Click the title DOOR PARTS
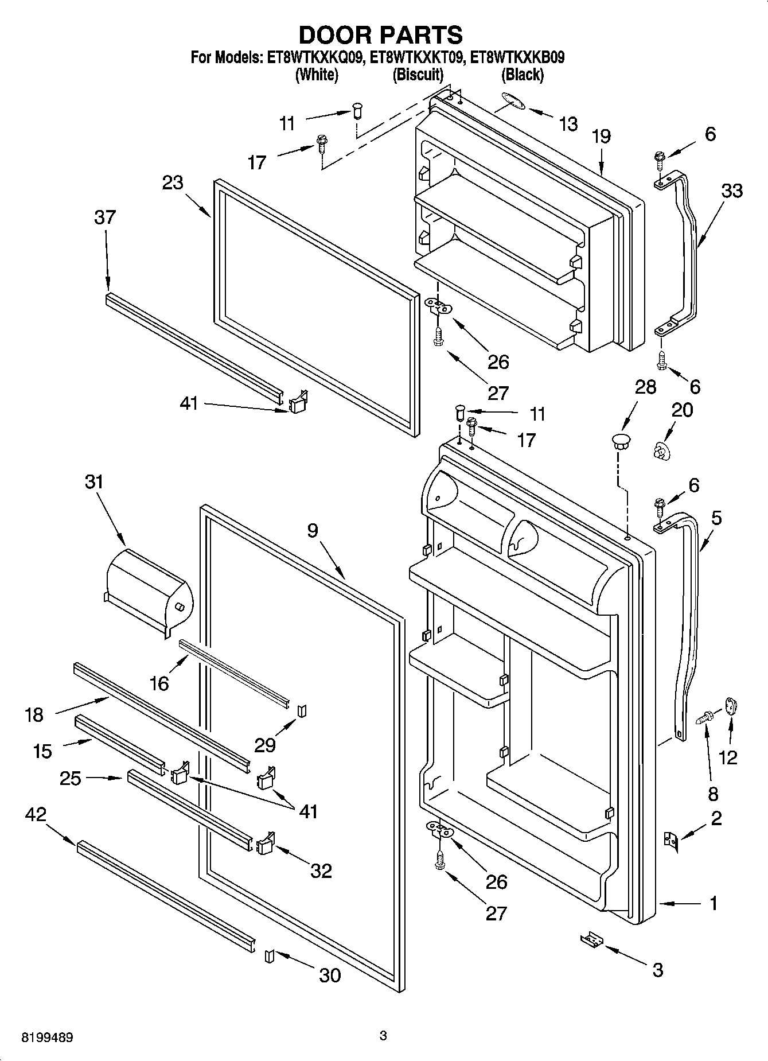[x=380, y=35]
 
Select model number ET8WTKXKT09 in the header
[x=419, y=58]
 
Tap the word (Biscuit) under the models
[x=418, y=75]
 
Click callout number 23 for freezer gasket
[x=172, y=182]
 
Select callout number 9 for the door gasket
[x=312, y=530]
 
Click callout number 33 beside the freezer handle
[x=731, y=191]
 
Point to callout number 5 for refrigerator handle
[x=716, y=519]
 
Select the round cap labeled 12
[x=731, y=705]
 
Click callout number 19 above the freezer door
[x=601, y=137]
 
